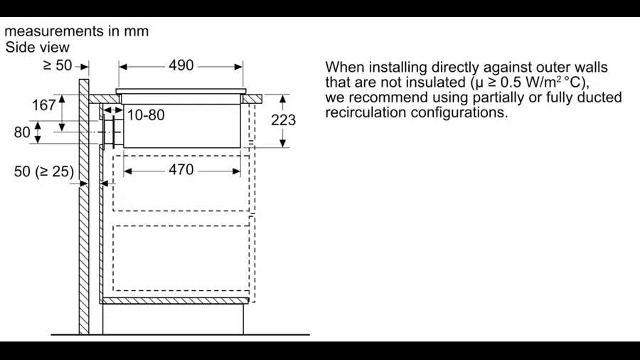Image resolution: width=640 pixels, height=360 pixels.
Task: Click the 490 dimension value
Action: point(181,65)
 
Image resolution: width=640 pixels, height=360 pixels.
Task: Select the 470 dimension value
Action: point(181,170)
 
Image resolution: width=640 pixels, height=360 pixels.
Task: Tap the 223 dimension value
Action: point(283,120)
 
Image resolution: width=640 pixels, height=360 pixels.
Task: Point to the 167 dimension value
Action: point(44,105)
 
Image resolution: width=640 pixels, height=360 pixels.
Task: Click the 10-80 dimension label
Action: point(146,115)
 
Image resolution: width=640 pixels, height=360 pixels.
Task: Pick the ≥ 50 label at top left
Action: point(58,65)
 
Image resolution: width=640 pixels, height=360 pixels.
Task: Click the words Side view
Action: point(38,47)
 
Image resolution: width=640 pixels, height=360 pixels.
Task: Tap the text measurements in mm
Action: point(77,31)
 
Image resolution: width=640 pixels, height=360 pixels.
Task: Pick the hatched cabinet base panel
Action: point(175,301)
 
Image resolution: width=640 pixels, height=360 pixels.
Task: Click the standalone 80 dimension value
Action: point(23,132)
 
